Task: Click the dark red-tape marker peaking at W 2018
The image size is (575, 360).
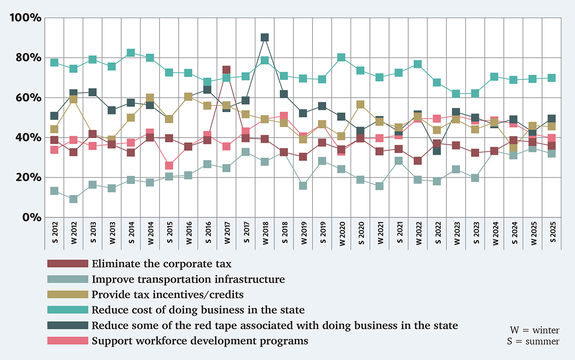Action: [264, 37]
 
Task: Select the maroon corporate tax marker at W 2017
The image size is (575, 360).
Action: [226, 70]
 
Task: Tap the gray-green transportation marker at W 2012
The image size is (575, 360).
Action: [73, 198]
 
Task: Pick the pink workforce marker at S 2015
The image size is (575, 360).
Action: [169, 166]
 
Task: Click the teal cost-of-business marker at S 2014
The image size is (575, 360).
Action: [131, 53]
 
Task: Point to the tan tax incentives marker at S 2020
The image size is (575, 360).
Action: [360, 105]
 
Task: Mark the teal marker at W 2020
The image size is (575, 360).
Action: [341, 58]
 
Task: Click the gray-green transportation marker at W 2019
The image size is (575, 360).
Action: [303, 186]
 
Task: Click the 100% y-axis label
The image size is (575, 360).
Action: [23, 18]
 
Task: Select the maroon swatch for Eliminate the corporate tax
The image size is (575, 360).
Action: [68, 264]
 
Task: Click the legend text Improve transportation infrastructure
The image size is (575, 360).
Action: [188, 279]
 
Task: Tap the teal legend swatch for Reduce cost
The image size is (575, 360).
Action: [68, 310]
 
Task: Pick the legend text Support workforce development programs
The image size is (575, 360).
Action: [200, 341]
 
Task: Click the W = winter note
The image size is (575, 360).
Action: [535, 331]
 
